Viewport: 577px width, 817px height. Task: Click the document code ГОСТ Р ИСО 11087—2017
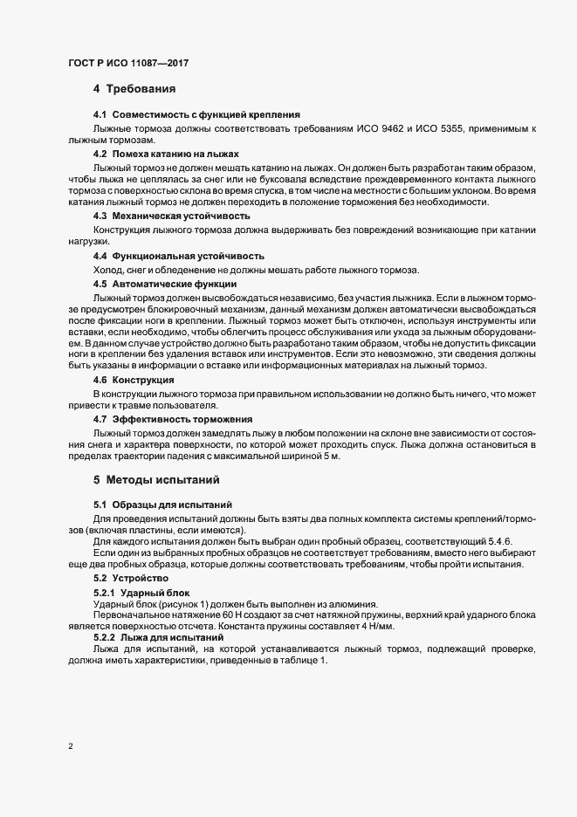coord(128,63)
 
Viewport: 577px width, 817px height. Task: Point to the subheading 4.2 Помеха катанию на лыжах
coord(166,153)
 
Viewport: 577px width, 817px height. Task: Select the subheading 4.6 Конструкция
coord(133,380)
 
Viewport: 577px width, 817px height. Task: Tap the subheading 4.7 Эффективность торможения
coord(172,420)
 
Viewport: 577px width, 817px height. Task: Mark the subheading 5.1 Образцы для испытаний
coord(161,505)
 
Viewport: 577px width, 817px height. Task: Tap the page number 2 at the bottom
coord(71,746)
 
